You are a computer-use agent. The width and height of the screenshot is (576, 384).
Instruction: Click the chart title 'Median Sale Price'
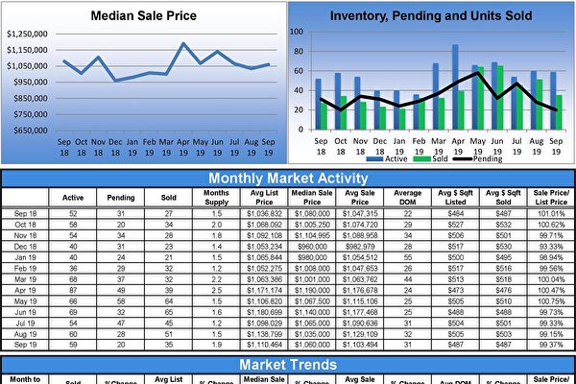(144, 15)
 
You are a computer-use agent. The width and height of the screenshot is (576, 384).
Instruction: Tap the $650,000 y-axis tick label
(29, 130)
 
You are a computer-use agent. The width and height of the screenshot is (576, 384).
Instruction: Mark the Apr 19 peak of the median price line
(182, 43)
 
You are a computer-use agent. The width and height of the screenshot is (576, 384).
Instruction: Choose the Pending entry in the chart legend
(487, 159)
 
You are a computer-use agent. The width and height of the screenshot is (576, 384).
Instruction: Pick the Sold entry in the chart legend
(438, 159)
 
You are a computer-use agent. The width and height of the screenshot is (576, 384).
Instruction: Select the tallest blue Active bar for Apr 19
(455, 86)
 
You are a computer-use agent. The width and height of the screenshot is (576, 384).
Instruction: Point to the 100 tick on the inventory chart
(298, 32)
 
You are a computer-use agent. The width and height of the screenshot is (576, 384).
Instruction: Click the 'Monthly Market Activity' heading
(288, 178)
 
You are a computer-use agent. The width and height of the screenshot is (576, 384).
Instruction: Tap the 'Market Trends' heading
(288, 365)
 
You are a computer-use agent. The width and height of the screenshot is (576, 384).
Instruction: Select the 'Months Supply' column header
(216, 197)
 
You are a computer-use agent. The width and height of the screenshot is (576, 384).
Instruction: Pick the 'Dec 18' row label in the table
(26, 246)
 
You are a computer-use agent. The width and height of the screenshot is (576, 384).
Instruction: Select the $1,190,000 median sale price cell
(312, 289)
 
